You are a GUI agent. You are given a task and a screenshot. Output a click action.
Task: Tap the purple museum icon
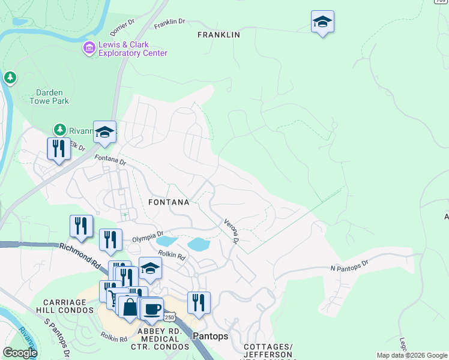[89, 47]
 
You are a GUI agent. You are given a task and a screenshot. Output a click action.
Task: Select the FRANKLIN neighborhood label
[218, 35]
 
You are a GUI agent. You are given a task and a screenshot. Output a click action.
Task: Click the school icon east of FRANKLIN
[322, 23]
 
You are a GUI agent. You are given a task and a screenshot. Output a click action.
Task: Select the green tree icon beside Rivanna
[59, 130]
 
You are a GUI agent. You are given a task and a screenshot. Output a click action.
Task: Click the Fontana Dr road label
[110, 161]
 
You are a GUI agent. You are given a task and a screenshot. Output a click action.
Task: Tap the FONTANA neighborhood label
[169, 202]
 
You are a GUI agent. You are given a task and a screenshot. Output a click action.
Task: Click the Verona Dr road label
[232, 230]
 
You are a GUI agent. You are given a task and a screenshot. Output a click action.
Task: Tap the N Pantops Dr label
[348, 266]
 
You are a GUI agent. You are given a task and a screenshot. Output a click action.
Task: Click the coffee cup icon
[153, 308]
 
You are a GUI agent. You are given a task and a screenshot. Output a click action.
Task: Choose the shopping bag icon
[130, 307]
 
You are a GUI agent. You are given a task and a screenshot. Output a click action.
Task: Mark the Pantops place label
[210, 337]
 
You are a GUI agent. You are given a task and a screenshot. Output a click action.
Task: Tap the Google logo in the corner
[20, 353]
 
